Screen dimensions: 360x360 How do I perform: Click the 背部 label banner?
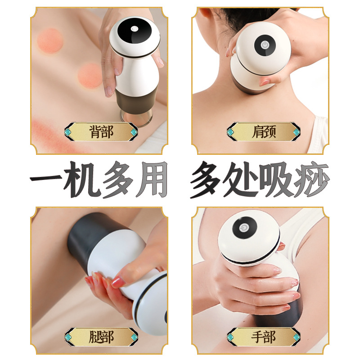(101, 131)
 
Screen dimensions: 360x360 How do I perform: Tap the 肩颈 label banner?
(263, 131)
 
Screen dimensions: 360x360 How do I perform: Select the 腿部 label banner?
(101, 337)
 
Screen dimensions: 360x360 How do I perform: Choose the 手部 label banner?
(263, 337)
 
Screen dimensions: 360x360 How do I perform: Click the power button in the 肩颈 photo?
(265, 45)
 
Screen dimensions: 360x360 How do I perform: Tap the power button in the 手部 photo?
(243, 228)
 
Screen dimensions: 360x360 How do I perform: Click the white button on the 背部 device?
(134, 29)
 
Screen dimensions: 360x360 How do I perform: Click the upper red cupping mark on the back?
(50, 40)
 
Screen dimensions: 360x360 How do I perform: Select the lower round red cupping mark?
(90, 76)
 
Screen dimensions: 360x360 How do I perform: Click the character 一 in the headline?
(46, 178)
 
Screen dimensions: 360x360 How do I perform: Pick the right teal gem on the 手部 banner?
(297, 337)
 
